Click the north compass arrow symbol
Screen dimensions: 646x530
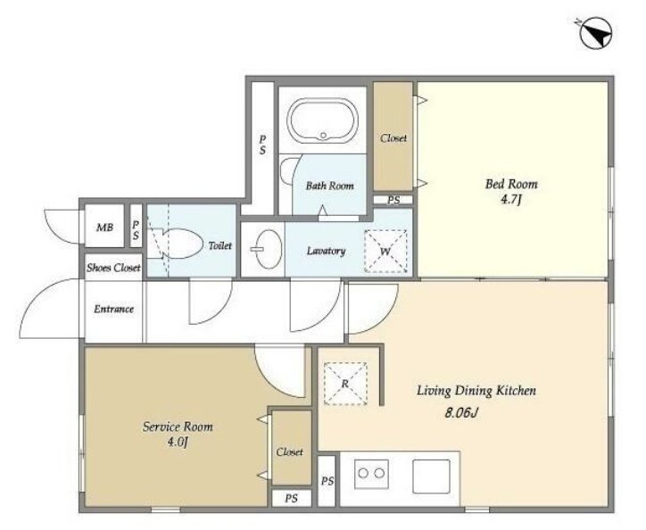597,32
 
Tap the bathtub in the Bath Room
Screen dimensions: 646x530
323,120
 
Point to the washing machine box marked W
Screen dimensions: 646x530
385,251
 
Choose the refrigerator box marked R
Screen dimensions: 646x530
345,384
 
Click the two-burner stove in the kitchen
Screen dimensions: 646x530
371,474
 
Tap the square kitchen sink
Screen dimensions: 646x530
431,476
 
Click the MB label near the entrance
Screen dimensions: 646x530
104,228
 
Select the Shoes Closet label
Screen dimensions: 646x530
113,268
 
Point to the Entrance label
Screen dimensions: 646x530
113,309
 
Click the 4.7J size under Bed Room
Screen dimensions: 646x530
511,200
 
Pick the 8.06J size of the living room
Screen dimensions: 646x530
461,412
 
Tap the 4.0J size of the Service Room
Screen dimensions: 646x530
178,443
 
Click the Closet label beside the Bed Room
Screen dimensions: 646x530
393,138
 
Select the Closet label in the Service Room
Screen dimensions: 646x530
290,452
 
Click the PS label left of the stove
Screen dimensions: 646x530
327,481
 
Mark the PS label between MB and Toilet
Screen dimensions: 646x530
136,230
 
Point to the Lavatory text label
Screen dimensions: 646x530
326,251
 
